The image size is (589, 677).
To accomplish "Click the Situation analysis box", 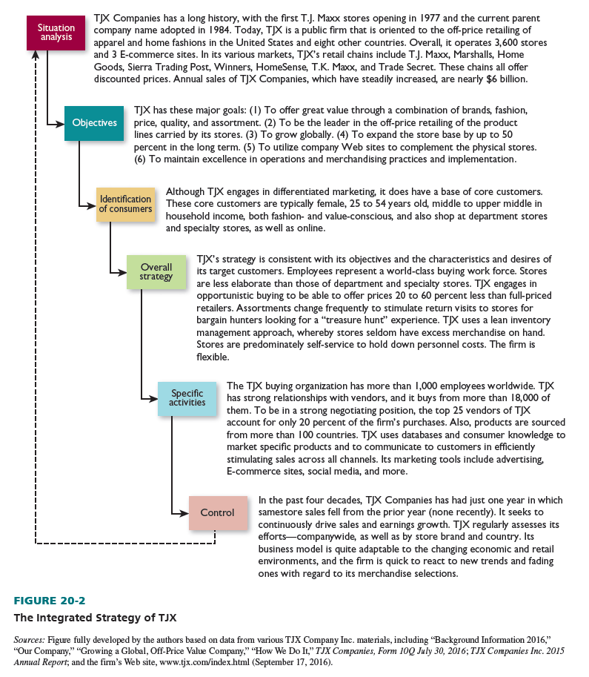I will (56, 33).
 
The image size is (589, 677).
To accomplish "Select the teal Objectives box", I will (94, 123).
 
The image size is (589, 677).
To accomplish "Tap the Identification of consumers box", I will (126, 204).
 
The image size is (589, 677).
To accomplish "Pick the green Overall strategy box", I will (156, 272).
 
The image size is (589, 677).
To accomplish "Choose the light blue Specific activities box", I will (187, 398).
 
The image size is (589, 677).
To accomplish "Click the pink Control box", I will (217, 512).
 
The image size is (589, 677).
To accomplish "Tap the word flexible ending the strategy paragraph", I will (213, 357).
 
